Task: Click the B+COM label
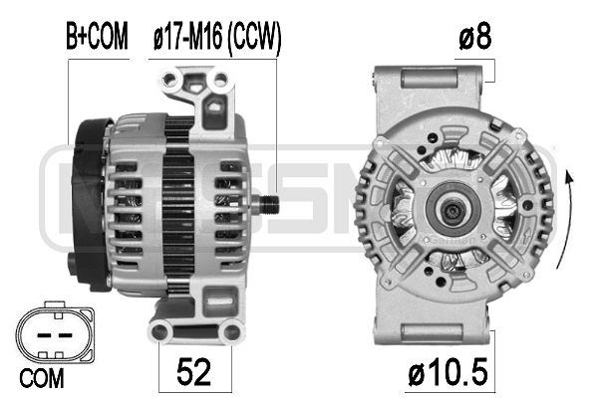point(98,38)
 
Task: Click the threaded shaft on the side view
point(266,204)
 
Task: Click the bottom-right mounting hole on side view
point(233,331)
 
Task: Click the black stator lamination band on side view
point(178,204)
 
